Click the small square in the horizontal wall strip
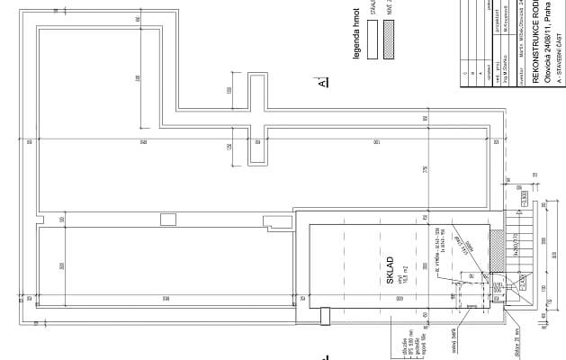[x=167, y=219]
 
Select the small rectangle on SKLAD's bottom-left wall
[x=325, y=314]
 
